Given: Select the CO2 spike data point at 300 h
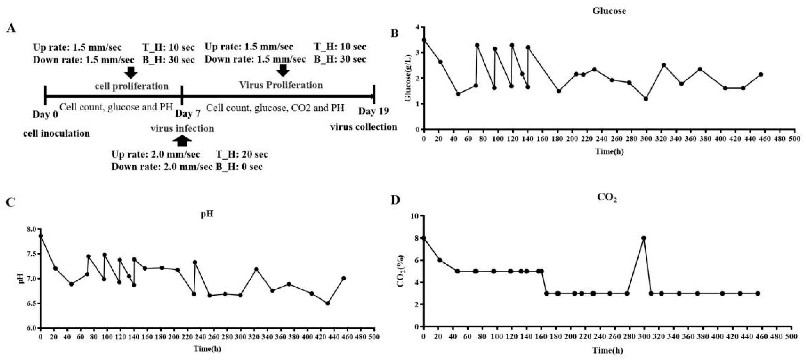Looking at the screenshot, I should (x=644, y=238).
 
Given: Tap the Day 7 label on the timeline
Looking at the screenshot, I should (x=187, y=113).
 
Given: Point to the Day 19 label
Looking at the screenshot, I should (x=373, y=111).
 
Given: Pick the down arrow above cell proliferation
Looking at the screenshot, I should (x=131, y=72).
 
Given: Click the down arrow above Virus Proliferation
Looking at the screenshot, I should (x=283, y=71).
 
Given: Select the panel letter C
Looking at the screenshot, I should (x=11, y=202).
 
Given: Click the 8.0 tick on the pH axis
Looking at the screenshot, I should (x=31, y=229).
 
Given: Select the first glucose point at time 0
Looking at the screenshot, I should (x=424, y=40).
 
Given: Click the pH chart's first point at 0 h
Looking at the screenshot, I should (x=40, y=236).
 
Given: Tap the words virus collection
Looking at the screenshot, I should (x=364, y=127).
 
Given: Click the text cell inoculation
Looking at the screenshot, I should (x=57, y=133).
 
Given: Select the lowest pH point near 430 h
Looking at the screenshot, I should (x=328, y=303).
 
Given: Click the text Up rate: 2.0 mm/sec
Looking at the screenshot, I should (x=155, y=154).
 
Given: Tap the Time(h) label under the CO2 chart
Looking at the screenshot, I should (x=607, y=350).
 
